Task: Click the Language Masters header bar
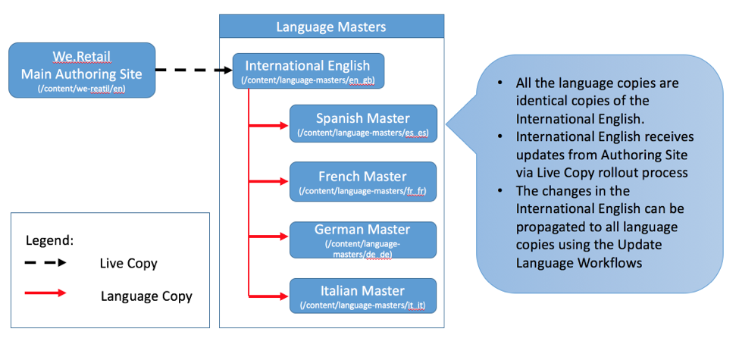[331, 27]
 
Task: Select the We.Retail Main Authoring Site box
[82, 70]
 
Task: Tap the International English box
[308, 70]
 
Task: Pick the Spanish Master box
[363, 124]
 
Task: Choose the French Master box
[363, 182]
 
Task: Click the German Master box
[363, 239]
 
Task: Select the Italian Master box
[363, 296]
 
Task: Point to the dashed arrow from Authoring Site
[194, 70]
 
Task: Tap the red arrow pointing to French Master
[269, 182]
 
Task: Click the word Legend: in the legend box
[49, 240]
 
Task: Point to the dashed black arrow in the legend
[46, 262]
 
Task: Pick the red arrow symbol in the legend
[46, 293]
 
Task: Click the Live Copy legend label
[129, 264]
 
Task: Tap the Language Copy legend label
[146, 296]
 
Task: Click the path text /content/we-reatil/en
[81, 89]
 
